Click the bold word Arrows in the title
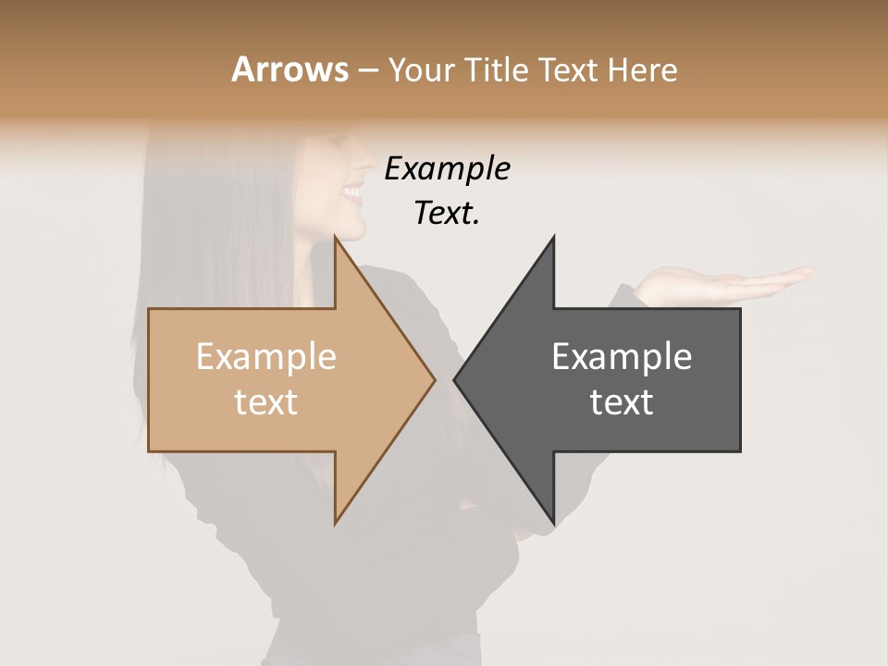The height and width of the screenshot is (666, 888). [290, 69]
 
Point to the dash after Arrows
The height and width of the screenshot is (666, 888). [367, 71]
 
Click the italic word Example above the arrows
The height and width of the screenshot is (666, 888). [447, 169]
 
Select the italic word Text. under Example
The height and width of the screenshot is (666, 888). [447, 214]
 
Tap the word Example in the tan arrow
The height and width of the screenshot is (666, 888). [265, 357]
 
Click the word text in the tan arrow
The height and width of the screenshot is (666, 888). [265, 402]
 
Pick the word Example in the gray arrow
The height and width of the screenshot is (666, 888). [622, 357]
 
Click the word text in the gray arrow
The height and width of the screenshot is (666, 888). [622, 402]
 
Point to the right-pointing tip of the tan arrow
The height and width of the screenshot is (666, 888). [435, 379]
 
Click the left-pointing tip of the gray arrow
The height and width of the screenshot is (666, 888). [454, 379]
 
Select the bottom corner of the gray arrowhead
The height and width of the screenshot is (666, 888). [553, 524]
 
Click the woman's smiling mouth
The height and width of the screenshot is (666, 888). [352, 192]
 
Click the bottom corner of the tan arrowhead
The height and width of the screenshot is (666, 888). [335, 524]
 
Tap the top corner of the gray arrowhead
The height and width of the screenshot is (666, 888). [553, 237]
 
